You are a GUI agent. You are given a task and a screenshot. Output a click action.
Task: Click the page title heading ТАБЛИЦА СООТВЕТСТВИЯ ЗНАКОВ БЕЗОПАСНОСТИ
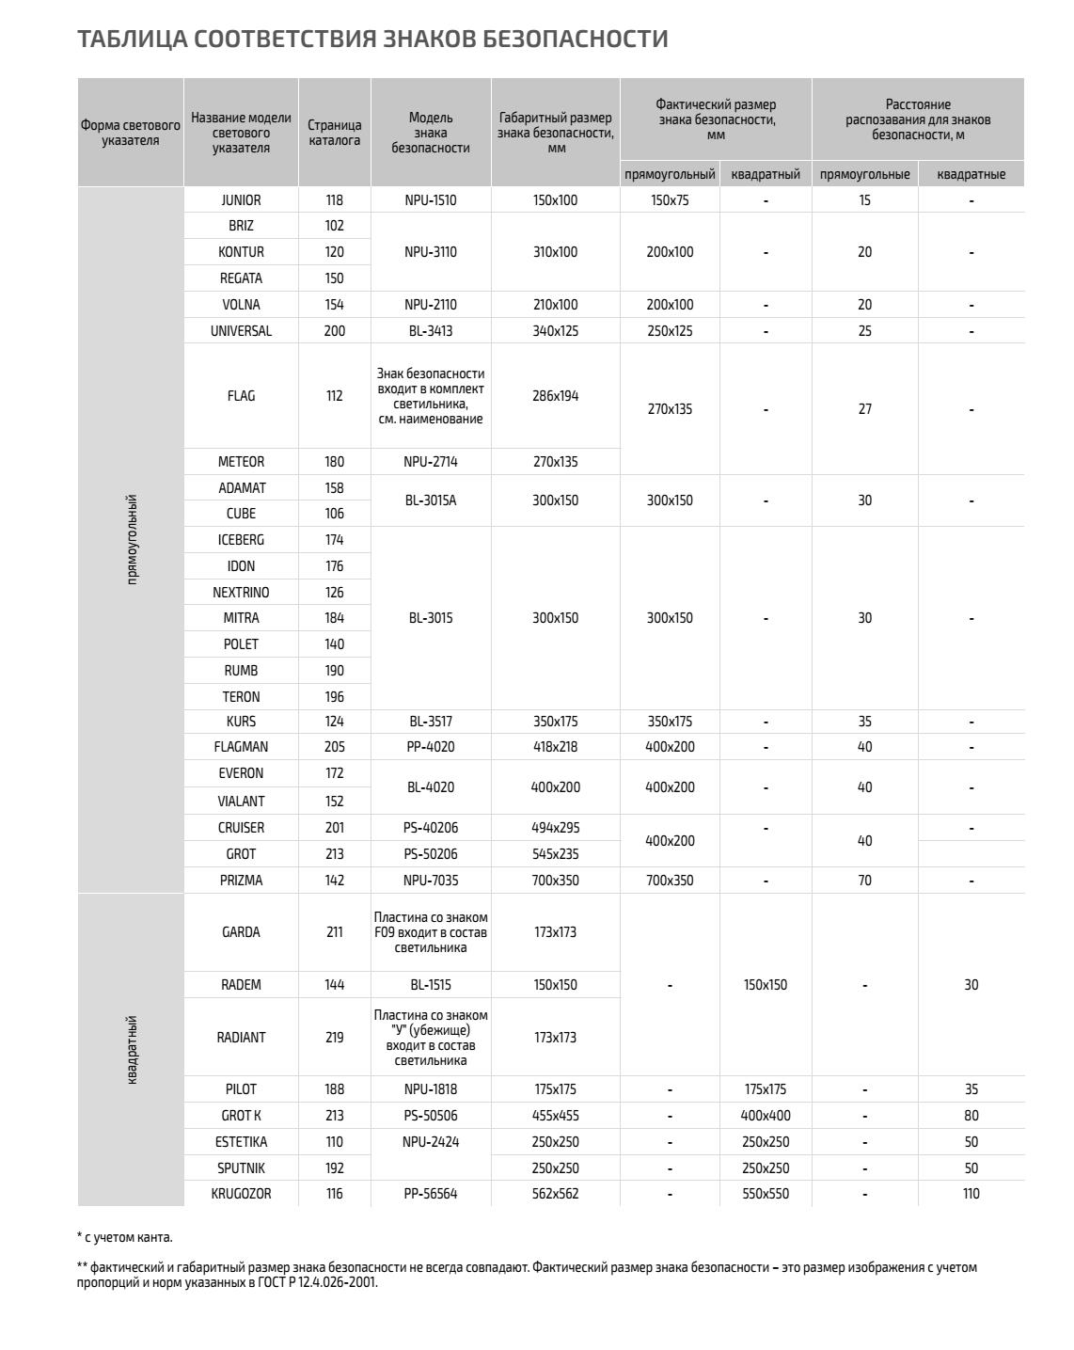coord(372,39)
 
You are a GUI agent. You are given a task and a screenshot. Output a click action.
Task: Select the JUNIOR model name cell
coord(241,200)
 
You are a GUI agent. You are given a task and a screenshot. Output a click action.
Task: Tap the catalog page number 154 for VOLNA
coord(334,305)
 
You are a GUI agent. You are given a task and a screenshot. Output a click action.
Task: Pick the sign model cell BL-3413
coord(431,331)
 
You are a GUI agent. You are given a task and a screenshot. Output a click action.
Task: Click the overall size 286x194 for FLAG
coord(555,396)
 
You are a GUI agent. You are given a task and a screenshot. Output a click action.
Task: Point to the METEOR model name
coord(241,462)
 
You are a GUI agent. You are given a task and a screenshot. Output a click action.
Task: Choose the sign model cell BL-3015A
coord(431,500)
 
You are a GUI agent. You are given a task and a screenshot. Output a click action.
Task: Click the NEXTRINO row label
coord(241,593)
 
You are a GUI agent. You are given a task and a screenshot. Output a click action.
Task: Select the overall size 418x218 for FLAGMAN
coord(555,747)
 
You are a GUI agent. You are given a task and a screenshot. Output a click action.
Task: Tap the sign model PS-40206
coord(431,828)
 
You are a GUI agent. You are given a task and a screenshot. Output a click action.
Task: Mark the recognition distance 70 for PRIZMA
coord(864,881)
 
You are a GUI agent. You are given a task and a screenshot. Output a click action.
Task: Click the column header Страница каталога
coord(334,133)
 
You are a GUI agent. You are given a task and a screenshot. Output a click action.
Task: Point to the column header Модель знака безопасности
coord(431,133)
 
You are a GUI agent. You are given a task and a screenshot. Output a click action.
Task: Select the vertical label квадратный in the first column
coord(132,1050)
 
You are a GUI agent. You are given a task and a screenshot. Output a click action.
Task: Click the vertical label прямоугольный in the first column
coord(132,540)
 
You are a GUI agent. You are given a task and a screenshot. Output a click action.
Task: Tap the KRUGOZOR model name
coord(241,1194)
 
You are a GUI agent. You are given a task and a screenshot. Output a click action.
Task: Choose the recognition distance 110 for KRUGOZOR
coord(971,1194)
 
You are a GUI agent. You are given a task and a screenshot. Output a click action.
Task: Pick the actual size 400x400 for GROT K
coord(766,1116)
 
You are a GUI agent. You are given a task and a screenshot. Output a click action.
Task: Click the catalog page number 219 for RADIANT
coord(334,1038)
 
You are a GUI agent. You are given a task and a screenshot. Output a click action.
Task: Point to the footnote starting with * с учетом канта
coord(125,1237)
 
